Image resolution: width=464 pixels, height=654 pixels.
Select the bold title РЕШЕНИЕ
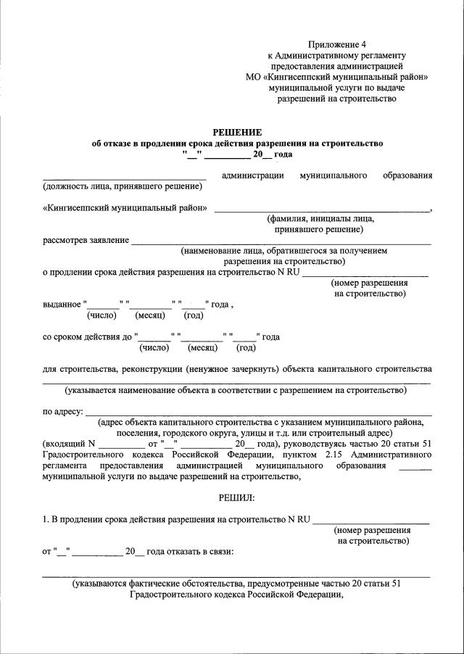[x=236, y=132]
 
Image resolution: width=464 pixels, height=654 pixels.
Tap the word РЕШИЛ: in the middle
[x=236, y=497]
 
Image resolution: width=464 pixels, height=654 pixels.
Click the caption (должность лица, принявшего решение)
[x=123, y=186]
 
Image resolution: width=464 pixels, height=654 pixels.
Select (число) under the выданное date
[x=102, y=315]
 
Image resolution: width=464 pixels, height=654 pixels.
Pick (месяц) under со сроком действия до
[x=207, y=347]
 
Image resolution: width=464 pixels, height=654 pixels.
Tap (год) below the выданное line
[x=193, y=315]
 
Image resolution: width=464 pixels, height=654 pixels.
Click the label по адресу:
[x=63, y=412]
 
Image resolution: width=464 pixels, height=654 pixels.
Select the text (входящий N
[x=69, y=443]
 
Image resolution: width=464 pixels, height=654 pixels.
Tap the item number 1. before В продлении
[x=46, y=519]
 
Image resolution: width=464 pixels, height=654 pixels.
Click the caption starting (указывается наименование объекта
[x=236, y=390]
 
